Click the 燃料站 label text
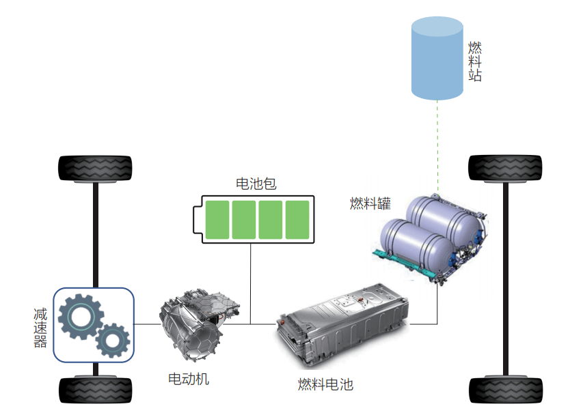475,61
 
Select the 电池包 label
256,184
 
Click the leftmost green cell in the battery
217,220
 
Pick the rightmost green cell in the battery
297,220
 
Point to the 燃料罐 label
370,203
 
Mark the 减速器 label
40,328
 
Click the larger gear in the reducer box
80,317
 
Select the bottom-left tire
95,390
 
